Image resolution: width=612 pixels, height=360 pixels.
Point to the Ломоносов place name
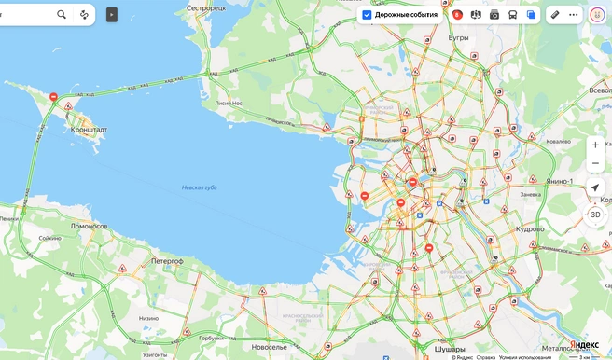pyautogui.click(x=90, y=226)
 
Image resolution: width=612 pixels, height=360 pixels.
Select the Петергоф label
pyautogui.click(x=167, y=262)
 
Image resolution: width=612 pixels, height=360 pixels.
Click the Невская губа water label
pyautogui.click(x=199, y=188)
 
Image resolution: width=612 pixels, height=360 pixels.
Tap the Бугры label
pyautogui.click(x=458, y=38)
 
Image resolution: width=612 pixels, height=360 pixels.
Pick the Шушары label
pyautogui.click(x=450, y=349)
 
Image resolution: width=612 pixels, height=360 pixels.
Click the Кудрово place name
pyautogui.click(x=529, y=228)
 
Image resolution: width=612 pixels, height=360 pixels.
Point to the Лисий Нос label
pyautogui.click(x=229, y=103)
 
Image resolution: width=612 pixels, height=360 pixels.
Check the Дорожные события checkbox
pyautogui.click(x=368, y=15)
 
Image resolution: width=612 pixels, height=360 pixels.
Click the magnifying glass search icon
pyautogui.click(x=62, y=15)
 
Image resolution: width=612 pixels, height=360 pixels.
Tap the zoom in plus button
pyautogui.click(x=595, y=145)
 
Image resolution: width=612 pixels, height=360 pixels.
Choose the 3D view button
pyautogui.click(x=595, y=214)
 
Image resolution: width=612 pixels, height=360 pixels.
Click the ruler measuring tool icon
pyautogui.click(x=555, y=15)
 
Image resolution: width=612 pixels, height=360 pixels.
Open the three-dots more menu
pyautogui.click(x=573, y=15)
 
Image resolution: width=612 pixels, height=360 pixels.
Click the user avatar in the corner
pyautogui.click(x=597, y=15)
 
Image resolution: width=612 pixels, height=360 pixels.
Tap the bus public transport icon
pyautogui.click(x=512, y=15)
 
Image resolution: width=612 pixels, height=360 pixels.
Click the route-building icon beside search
pyautogui.click(x=84, y=15)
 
